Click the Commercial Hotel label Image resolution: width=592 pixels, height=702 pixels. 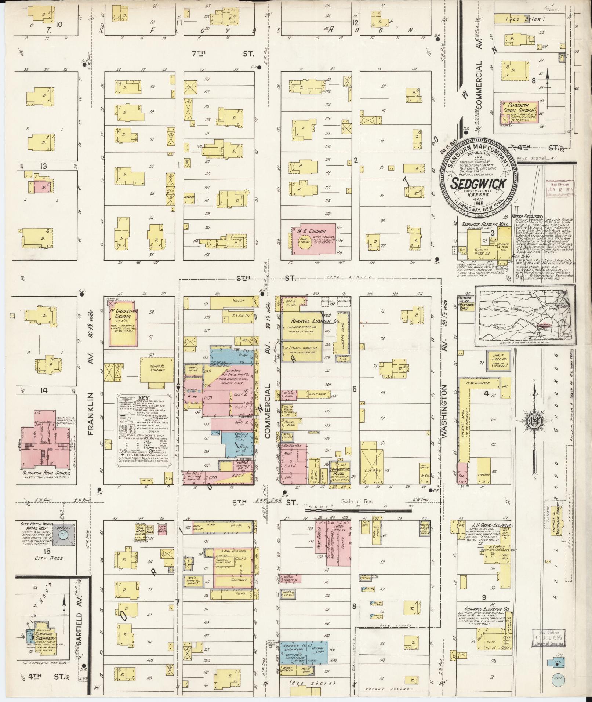(340, 471)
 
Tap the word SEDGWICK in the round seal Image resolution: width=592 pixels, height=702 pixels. (479, 184)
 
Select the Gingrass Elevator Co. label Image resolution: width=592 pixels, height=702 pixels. (484, 609)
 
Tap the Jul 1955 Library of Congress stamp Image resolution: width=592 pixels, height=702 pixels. (548, 639)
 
